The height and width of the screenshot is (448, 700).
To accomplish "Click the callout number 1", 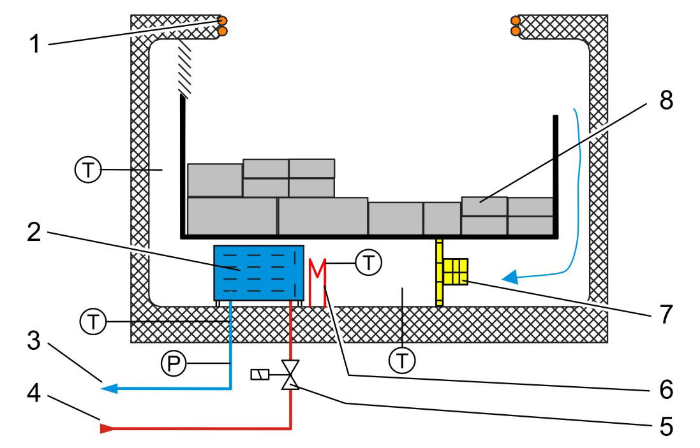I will [37, 44].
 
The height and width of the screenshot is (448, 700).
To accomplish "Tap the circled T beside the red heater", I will [368, 263].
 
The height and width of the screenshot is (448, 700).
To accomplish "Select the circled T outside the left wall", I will [86, 170].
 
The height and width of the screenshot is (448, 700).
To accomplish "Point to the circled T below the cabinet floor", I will [402, 361].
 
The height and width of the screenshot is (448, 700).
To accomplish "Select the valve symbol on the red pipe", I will [291, 375].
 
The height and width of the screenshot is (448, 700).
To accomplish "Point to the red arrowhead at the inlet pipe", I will [105, 428].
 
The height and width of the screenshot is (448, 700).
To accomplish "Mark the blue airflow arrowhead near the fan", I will [509, 277].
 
